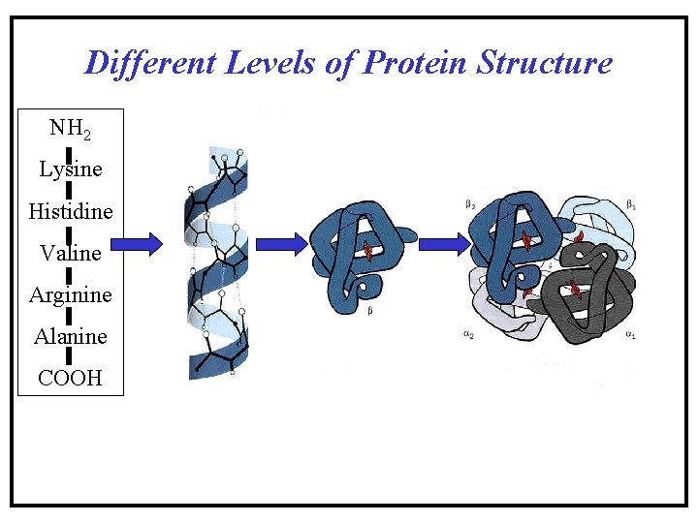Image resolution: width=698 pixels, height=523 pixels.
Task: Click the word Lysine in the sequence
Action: tap(71, 169)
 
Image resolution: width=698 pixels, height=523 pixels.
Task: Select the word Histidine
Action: tap(71, 211)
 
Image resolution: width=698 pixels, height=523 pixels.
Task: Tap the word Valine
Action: tap(71, 253)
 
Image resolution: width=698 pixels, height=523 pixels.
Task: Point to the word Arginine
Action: tap(71, 294)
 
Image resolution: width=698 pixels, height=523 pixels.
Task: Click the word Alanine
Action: tap(71, 336)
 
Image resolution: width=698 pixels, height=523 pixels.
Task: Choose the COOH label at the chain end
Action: tap(70, 378)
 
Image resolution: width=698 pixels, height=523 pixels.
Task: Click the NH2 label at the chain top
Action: tap(71, 128)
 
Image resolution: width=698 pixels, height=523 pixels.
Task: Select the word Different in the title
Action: tap(150, 63)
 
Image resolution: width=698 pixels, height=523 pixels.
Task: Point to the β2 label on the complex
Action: tap(469, 205)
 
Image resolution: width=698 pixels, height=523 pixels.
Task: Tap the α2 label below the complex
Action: tap(468, 334)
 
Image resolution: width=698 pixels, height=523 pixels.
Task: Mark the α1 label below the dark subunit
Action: tap(630, 334)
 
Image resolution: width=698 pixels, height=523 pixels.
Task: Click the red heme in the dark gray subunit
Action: tap(575, 289)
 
